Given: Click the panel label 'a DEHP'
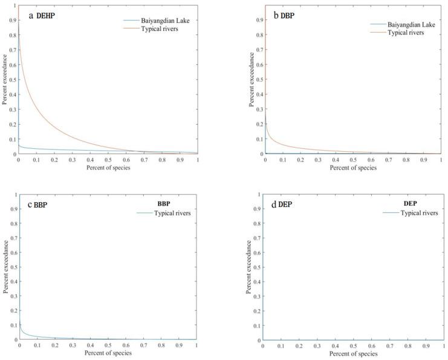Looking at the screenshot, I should (x=37, y=15).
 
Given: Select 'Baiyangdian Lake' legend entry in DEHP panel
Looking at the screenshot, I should (x=155, y=20).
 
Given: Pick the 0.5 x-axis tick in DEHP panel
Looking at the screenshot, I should (x=108, y=160).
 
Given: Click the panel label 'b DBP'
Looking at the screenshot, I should (x=284, y=15).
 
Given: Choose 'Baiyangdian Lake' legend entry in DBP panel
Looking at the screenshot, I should (x=401, y=24).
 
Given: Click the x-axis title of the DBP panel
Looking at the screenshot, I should (x=354, y=168).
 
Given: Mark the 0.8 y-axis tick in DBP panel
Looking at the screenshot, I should (x=260, y=35).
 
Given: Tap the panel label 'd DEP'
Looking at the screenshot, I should (x=282, y=205).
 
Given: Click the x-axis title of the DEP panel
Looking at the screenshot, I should (x=353, y=353).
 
